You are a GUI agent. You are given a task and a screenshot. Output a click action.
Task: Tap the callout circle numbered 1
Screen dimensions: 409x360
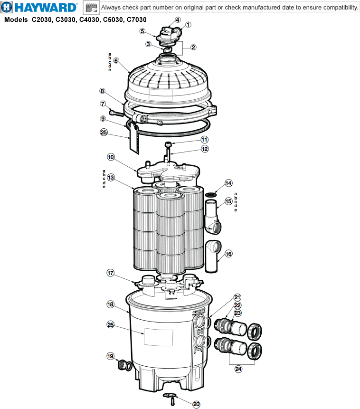coord(188,25)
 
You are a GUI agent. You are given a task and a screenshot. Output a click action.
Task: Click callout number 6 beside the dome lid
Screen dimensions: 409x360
coord(116,61)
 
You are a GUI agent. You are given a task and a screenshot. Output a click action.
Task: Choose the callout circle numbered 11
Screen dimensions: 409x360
coord(204,140)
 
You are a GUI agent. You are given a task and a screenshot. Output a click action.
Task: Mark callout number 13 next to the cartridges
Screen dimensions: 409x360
coord(110,178)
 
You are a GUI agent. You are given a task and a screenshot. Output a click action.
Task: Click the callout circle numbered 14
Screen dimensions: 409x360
coord(228,183)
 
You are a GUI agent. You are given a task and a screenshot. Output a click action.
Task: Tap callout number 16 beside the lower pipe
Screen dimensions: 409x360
coord(228,254)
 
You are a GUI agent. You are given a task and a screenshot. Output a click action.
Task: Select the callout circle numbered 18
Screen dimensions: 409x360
coord(110,304)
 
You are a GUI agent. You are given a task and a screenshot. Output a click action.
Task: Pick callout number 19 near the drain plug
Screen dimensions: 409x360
coord(110,356)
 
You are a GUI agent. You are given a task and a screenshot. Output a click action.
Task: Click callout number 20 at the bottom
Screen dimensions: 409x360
coord(196,404)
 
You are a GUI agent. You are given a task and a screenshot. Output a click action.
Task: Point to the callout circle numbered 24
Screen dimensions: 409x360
coord(238,368)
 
